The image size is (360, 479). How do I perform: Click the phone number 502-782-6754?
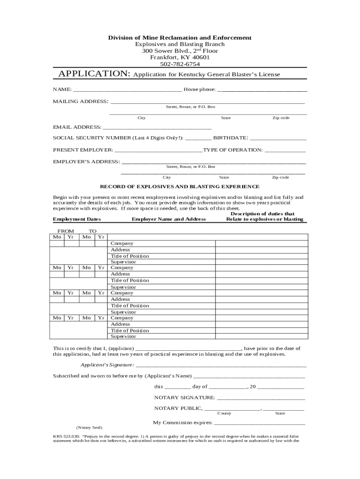[x=180, y=64]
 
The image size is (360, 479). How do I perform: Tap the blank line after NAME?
[x=127, y=89]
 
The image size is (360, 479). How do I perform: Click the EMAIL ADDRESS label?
[x=77, y=127]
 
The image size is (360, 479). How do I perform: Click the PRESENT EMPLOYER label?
[x=83, y=150]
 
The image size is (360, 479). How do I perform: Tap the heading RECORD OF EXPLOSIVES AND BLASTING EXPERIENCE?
[x=180, y=186]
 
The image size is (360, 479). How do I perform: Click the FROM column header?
[x=65, y=231]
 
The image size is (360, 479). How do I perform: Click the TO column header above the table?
[x=93, y=231]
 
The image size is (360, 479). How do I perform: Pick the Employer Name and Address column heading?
[x=169, y=219]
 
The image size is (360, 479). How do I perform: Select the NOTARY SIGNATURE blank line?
[x=261, y=398]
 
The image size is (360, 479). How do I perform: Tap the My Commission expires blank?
[x=259, y=422]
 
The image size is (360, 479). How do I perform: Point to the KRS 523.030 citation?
[x=66, y=435]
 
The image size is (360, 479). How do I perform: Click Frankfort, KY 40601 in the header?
[x=180, y=58]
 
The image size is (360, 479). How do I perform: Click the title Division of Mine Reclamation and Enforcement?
[x=180, y=37]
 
